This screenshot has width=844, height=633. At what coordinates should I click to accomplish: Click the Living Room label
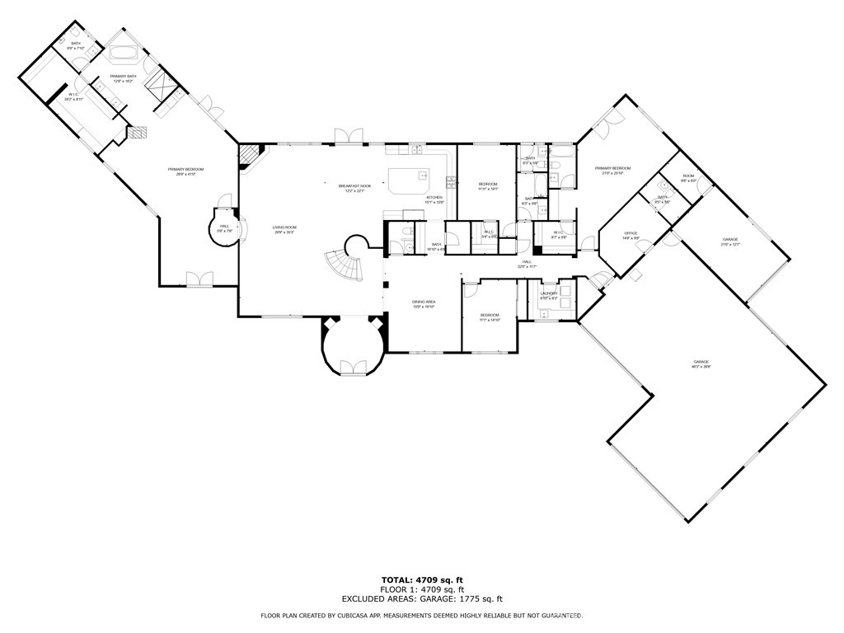tap(284, 229)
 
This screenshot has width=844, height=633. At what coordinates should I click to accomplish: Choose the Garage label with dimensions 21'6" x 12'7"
tap(730, 241)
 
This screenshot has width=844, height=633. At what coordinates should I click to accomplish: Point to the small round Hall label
tap(224, 228)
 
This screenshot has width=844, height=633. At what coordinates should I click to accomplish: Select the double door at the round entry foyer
tap(354, 368)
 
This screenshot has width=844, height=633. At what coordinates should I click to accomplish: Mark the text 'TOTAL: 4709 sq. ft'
tap(421, 580)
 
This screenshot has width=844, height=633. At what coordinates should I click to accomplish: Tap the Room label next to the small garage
tap(687, 178)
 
